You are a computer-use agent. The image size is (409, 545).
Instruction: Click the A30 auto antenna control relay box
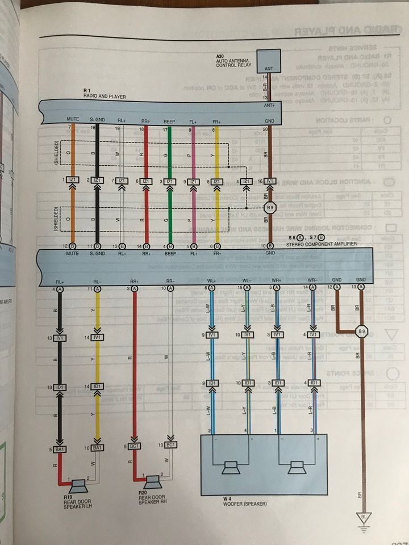coord(269,59)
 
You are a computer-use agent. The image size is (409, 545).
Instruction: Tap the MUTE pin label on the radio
coord(72,121)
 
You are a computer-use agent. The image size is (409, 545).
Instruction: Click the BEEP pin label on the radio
coord(169,121)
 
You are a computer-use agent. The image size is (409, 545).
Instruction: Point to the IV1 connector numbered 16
coord(270,181)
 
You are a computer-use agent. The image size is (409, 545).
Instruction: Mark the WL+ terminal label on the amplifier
coord(211,280)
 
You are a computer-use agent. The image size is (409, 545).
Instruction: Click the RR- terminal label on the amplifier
coord(169,280)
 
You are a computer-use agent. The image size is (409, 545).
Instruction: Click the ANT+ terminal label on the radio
coord(269,106)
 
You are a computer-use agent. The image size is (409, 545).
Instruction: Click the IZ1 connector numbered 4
coord(247,181)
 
